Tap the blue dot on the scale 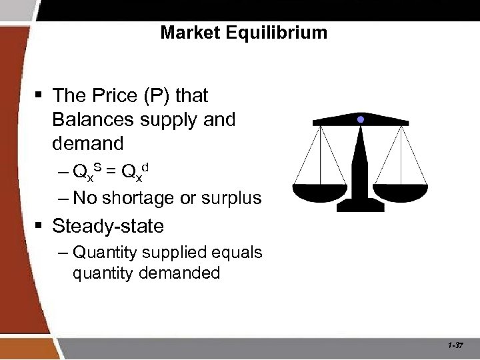coord(361,119)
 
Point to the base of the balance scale coord(360,205)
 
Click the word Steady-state coord(107,226)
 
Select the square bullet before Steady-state coord(41,227)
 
